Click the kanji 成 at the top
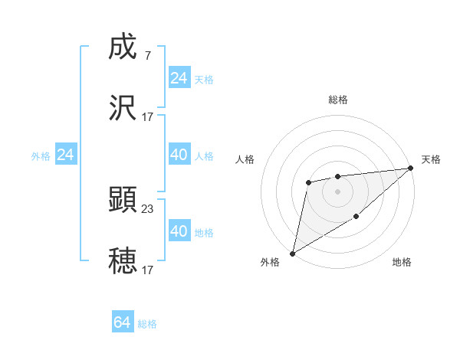pyautogui.click(x=123, y=48)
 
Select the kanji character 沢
pyautogui.click(x=123, y=108)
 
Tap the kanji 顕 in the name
pyautogui.click(x=123, y=200)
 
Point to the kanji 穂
pyautogui.click(x=123, y=260)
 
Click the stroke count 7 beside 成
pyautogui.click(x=147, y=56)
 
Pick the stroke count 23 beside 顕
pyautogui.click(x=147, y=208)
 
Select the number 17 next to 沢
pyautogui.click(x=147, y=116)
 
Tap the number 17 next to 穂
pyautogui.click(x=147, y=269)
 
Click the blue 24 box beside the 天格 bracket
pyautogui.click(x=179, y=78)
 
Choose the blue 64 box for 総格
pyautogui.click(x=123, y=322)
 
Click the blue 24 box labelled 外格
pyautogui.click(x=66, y=155)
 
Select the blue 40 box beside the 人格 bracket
pyautogui.click(x=179, y=155)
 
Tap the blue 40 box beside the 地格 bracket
pyautogui.click(x=179, y=231)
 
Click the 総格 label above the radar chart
pyautogui.click(x=338, y=100)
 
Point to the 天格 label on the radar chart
pyautogui.click(x=431, y=159)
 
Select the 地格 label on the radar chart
pyautogui.click(x=402, y=262)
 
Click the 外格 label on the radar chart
pyautogui.click(x=271, y=262)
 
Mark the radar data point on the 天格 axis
pyautogui.click(x=412, y=168)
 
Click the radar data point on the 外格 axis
pyautogui.click(x=292, y=254)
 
